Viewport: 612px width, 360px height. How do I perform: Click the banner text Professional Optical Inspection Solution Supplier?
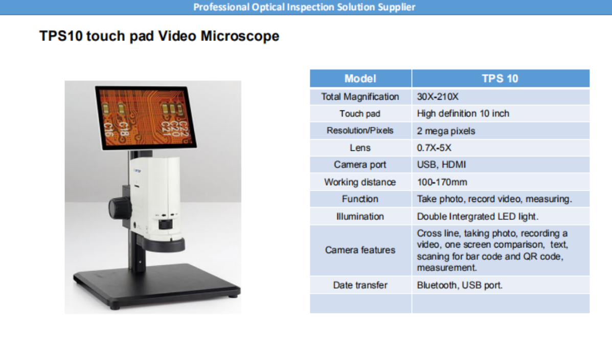pos(304,7)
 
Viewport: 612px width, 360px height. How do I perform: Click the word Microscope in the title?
pos(240,36)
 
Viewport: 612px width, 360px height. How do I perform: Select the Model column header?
pos(360,78)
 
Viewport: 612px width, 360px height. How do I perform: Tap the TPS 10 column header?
pos(501,78)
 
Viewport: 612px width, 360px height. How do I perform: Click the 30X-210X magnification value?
pos(438,97)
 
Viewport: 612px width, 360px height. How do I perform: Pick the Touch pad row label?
pos(360,114)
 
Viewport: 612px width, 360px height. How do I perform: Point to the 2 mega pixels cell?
pos(446,131)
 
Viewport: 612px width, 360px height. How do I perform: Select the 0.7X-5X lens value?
pos(434,148)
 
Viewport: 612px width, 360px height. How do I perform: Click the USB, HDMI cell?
pos(441,165)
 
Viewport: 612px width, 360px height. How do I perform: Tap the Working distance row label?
pos(360,182)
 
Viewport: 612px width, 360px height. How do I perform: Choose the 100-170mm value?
pos(442,182)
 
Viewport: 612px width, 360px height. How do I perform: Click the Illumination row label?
pos(360,216)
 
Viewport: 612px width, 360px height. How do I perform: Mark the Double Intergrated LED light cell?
pos(478,216)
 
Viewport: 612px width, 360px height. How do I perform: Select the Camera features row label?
pos(360,250)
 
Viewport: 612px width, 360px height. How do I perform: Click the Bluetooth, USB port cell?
pos(460,285)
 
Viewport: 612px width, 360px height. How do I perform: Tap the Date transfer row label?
pos(360,285)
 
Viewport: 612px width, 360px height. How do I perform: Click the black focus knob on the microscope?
pos(119,208)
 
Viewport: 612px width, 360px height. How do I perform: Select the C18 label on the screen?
pos(123,129)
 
